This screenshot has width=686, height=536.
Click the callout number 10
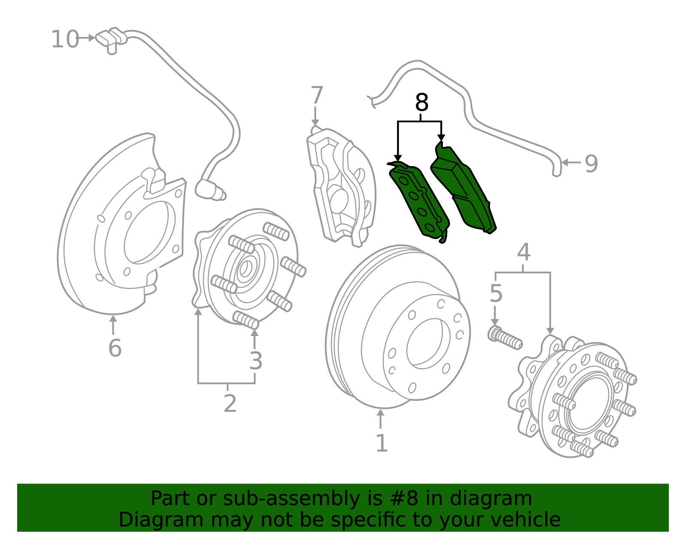pyautogui.click(x=65, y=39)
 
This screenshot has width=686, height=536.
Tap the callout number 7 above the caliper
pyautogui.click(x=316, y=95)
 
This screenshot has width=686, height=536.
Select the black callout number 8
pyautogui.click(x=421, y=103)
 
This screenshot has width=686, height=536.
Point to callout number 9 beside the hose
pyautogui.click(x=591, y=164)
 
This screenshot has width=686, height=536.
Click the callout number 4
pyautogui.click(x=524, y=252)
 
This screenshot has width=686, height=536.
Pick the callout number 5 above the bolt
pyautogui.click(x=496, y=294)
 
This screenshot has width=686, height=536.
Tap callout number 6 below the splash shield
pyautogui.click(x=114, y=348)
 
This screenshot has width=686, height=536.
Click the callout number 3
pyautogui.click(x=256, y=361)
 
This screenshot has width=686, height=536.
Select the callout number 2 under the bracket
pyautogui.click(x=230, y=403)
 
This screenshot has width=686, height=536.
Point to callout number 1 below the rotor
pyautogui.click(x=381, y=443)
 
